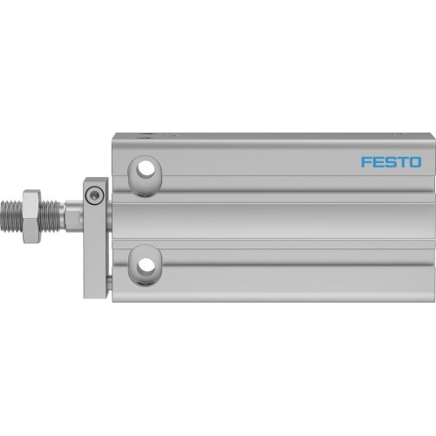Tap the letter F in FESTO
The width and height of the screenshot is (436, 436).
(344, 162)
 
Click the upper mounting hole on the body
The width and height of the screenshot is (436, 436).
(145, 168)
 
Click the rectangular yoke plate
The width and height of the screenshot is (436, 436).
(95, 227)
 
